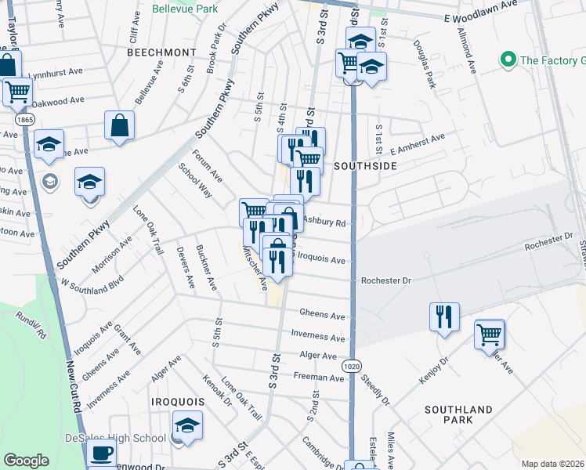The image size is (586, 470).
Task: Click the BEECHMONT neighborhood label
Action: point(161,52)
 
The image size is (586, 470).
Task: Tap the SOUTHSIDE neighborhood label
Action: point(365,166)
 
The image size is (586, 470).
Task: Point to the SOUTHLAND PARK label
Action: point(458,414)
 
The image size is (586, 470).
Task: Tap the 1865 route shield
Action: point(25,119)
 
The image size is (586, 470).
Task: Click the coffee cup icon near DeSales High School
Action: point(100,453)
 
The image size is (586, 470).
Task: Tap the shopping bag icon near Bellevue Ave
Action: point(120,125)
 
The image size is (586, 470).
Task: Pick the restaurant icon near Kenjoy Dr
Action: point(444,316)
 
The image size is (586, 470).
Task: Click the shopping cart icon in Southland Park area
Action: point(490,334)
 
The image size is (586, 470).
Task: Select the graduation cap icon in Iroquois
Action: point(187,426)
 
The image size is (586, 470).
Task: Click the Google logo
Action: point(27,461)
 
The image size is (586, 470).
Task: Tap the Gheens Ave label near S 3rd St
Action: point(322,316)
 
